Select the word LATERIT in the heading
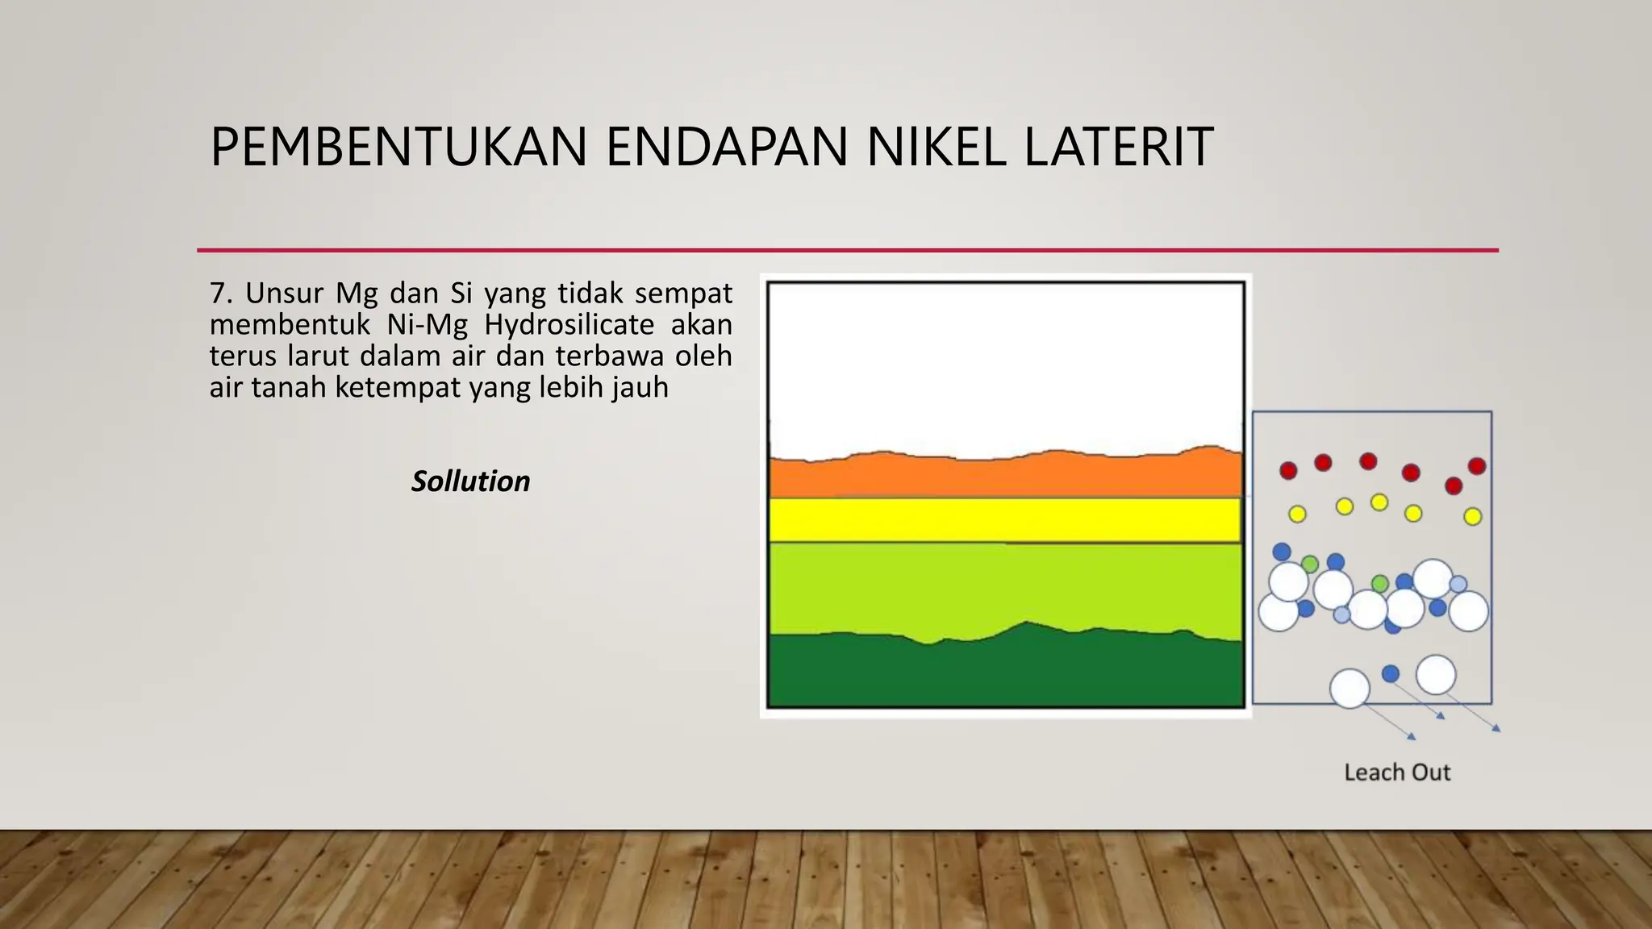pyautogui.click(x=1119, y=148)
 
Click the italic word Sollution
pyautogui.click(x=471, y=481)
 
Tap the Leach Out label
pyautogui.click(x=1397, y=773)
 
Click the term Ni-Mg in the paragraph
pyautogui.click(x=428, y=324)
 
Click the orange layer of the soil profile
pyautogui.click(x=1005, y=477)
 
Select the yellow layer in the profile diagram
pyautogui.click(x=1005, y=520)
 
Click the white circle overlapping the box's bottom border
pyautogui.click(x=1350, y=689)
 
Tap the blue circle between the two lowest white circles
pyautogui.click(x=1391, y=673)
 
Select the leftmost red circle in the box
pyautogui.click(x=1288, y=470)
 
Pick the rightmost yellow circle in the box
pyautogui.click(x=1473, y=516)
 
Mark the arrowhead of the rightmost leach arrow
pyautogui.click(x=1497, y=729)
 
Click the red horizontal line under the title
pyautogui.click(x=847, y=250)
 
